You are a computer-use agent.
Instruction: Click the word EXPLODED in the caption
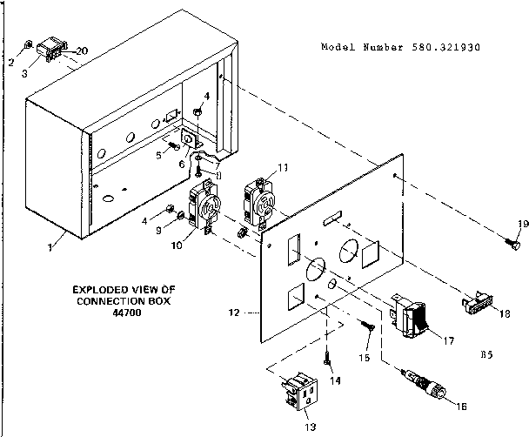point(100,288)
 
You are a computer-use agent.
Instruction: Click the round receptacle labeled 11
point(261,197)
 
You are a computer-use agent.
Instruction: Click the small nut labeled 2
point(30,44)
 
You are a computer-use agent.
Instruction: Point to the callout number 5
point(159,154)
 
